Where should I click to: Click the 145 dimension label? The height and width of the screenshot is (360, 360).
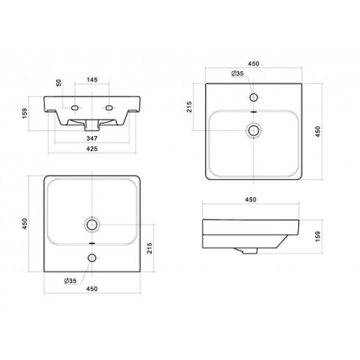click(92, 80)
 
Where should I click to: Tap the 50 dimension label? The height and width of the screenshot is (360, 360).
click(59, 83)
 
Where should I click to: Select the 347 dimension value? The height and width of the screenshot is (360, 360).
click(92, 139)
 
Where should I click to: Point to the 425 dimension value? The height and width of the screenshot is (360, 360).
click(92, 149)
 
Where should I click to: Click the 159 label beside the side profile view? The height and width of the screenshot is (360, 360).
click(318, 236)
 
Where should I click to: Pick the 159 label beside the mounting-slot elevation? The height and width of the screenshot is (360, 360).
click(24, 113)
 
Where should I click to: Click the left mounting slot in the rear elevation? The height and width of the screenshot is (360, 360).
click(75, 107)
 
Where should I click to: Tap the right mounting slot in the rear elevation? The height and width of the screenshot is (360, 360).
click(109, 107)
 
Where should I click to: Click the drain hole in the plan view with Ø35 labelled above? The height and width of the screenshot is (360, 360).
click(254, 130)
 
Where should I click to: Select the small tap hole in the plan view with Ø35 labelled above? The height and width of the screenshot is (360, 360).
click(254, 97)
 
